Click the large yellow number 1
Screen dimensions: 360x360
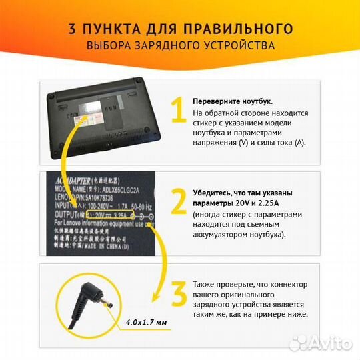point(176,111)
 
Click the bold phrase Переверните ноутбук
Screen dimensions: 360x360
point(232,101)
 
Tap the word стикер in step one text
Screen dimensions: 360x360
point(205,123)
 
